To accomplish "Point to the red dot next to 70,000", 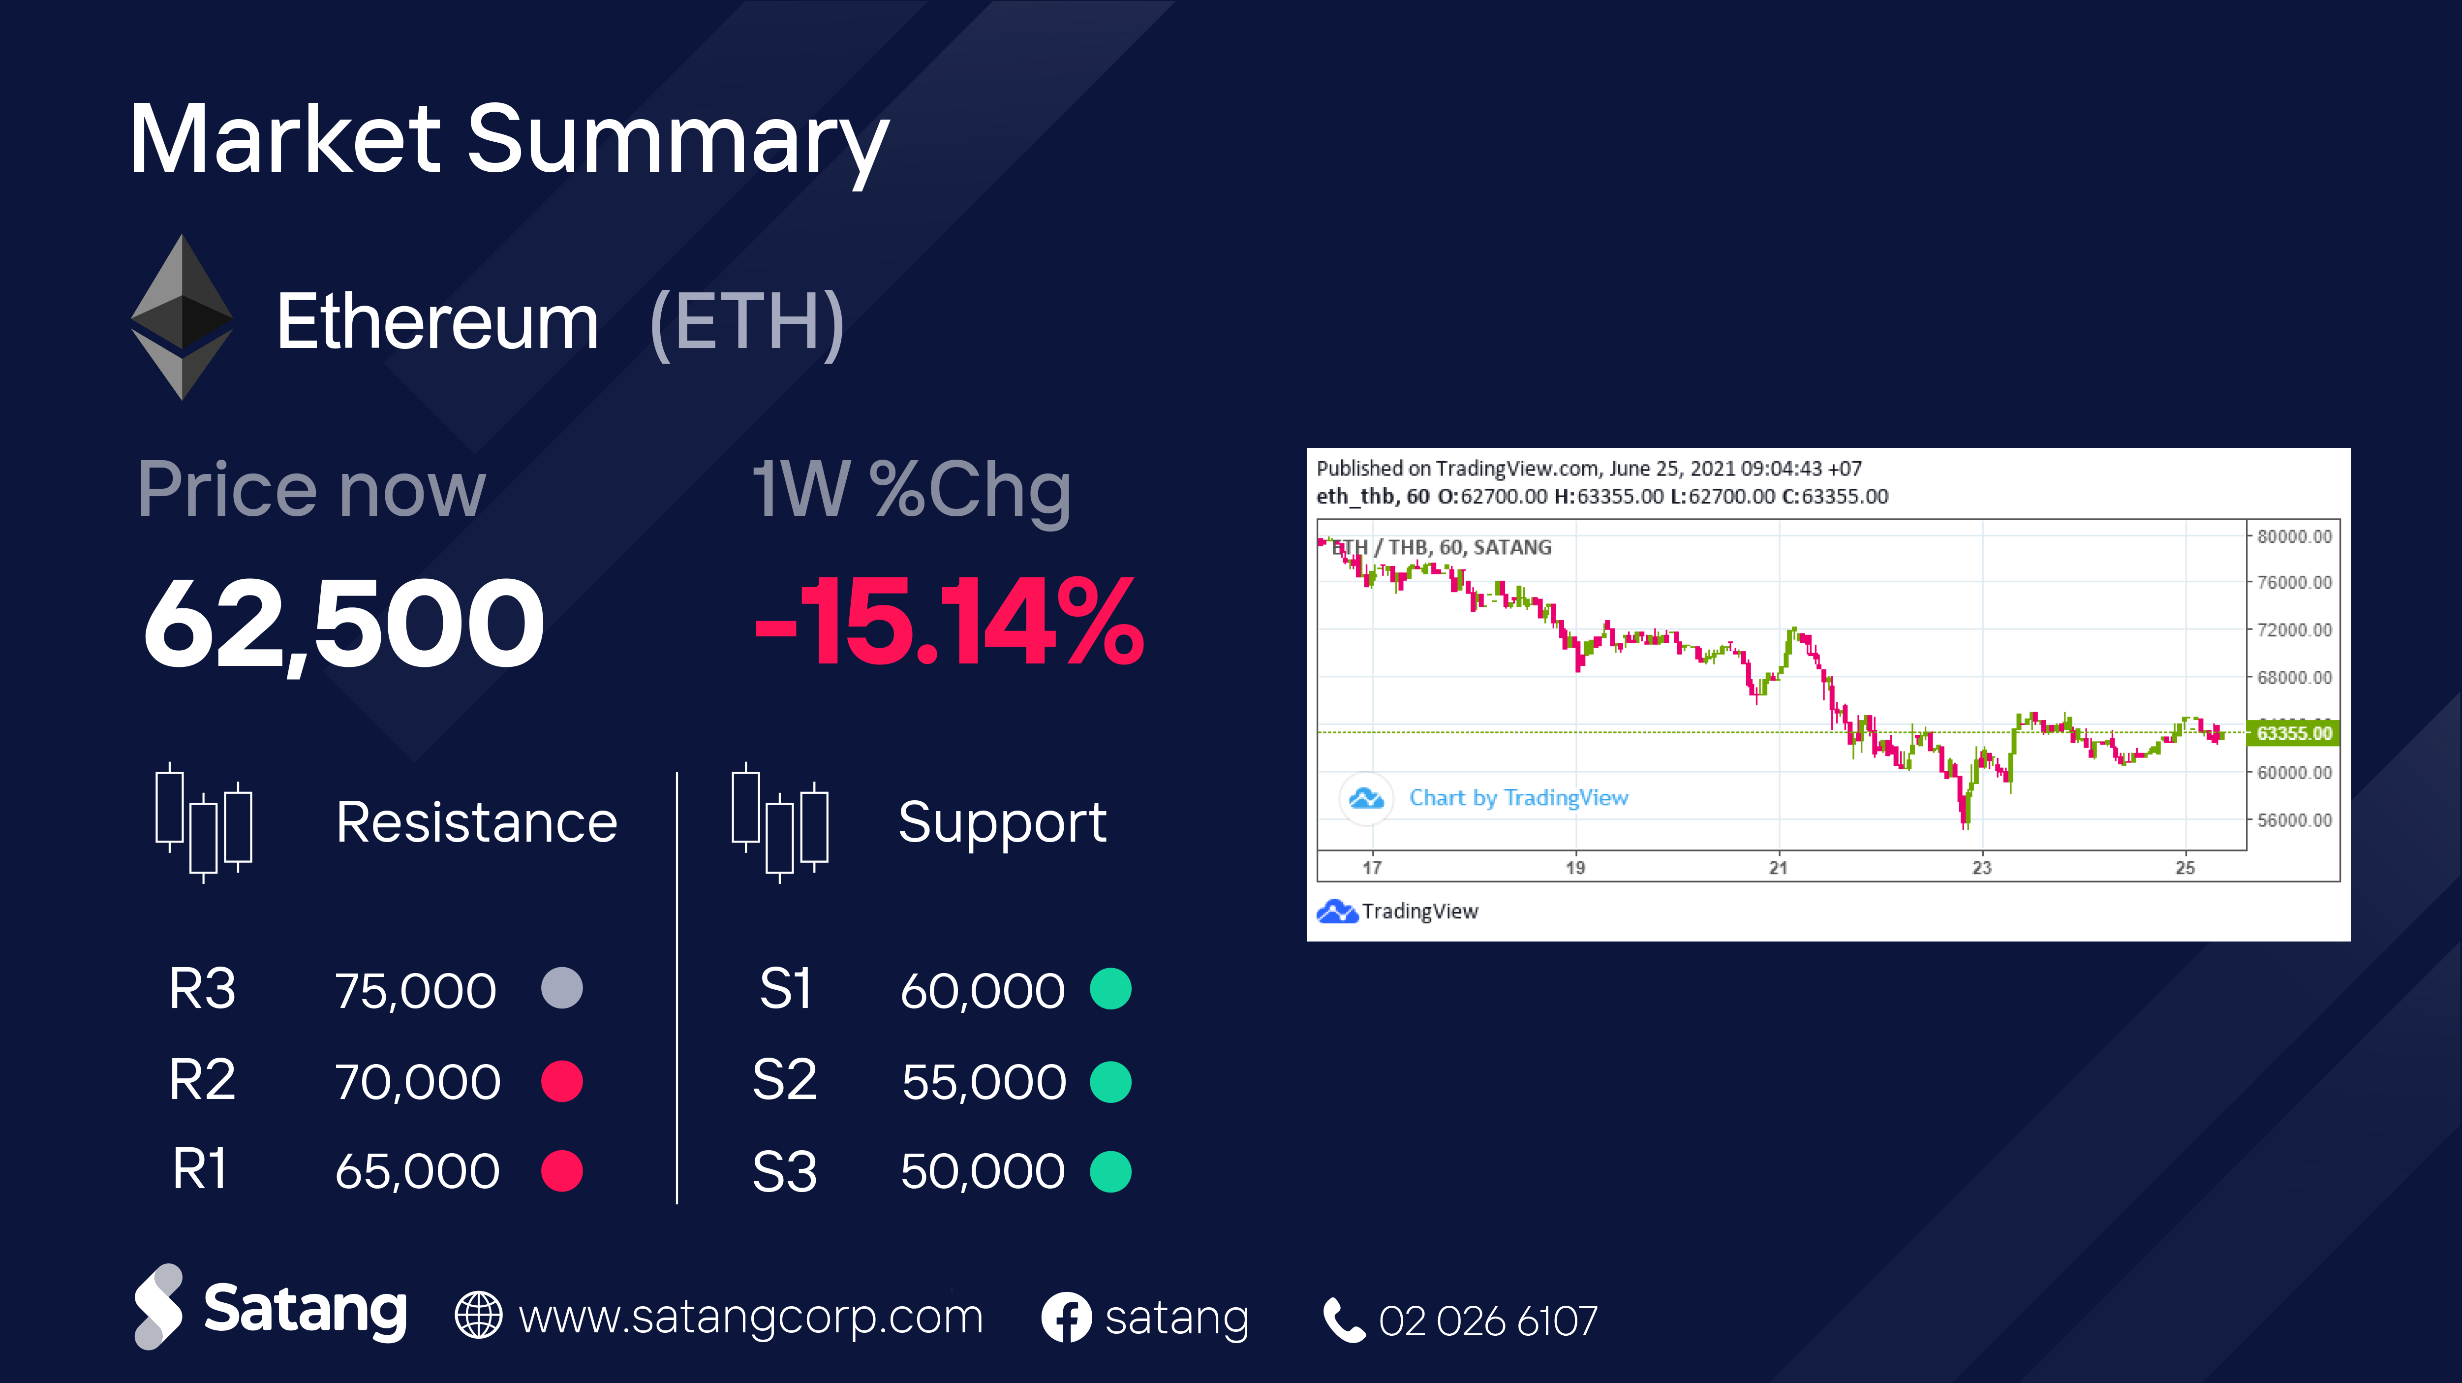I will click(x=562, y=1081).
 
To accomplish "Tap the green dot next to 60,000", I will click(x=1110, y=988).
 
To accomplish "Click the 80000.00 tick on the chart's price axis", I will click(x=2294, y=536).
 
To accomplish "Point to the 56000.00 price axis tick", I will click(x=2294, y=820).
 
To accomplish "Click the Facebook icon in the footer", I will click(x=1066, y=1318).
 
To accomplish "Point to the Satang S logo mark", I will click(x=158, y=1307).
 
